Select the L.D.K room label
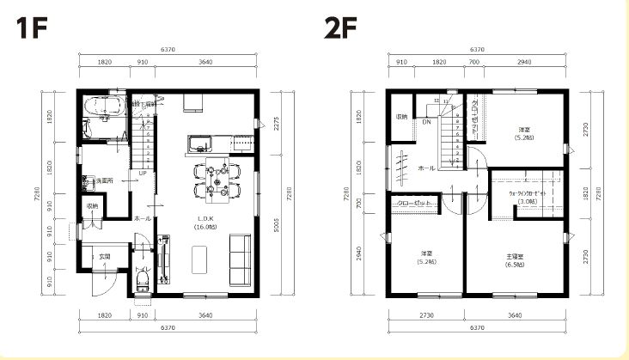click(x=205, y=223)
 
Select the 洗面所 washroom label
click(x=105, y=180)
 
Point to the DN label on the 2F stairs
click(x=426, y=122)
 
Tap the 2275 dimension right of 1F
click(x=277, y=123)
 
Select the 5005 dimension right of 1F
click(x=277, y=224)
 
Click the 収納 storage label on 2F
click(x=401, y=116)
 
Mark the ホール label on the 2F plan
click(x=424, y=169)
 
